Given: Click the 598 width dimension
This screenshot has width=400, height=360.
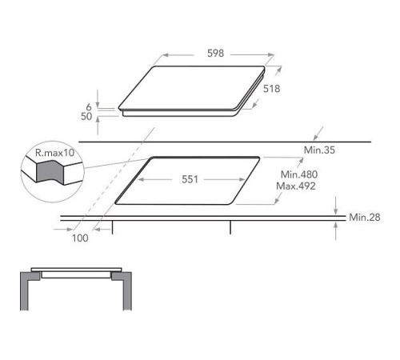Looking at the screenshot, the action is click(215, 54).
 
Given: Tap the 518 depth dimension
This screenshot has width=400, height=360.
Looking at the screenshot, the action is click(271, 89).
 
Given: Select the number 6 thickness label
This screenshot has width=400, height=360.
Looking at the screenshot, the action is click(89, 107).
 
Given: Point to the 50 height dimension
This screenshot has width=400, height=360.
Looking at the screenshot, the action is click(86, 116).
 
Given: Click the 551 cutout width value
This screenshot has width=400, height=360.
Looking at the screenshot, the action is click(190, 179).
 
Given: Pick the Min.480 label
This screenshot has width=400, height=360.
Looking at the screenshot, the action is click(299, 174).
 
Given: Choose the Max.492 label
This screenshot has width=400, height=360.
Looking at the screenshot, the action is click(296, 186).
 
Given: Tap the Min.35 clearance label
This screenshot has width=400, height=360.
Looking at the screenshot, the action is click(319, 150).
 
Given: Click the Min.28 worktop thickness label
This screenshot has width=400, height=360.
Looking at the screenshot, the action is click(365, 218).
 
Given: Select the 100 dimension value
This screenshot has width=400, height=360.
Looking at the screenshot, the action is click(80, 238).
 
